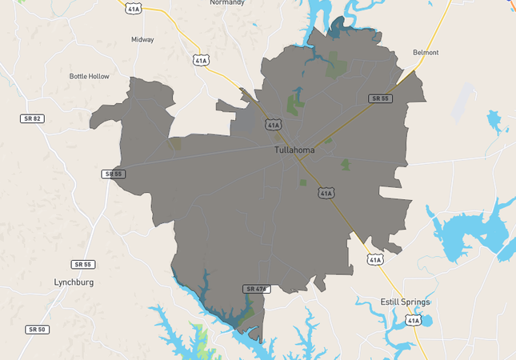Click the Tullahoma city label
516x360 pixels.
point(294,150)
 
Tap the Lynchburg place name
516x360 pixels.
point(74,282)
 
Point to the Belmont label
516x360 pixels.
point(426,53)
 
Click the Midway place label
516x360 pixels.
point(142,39)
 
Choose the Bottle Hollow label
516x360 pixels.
point(89,77)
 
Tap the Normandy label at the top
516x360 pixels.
point(226,3)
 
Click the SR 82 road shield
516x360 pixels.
point(30,118)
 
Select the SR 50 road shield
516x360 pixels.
point(37,330)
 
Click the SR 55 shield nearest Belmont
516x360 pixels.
point(379,98)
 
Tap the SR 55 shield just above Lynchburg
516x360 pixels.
point(82,264)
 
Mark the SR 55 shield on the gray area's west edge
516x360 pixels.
point(114,174)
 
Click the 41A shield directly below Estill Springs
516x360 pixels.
point(413,320)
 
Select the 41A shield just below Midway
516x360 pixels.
point(201,60)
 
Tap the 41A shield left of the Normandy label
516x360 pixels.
point(133,7)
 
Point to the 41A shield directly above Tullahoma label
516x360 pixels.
point(274,125)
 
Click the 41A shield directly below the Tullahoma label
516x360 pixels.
point(326,193)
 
